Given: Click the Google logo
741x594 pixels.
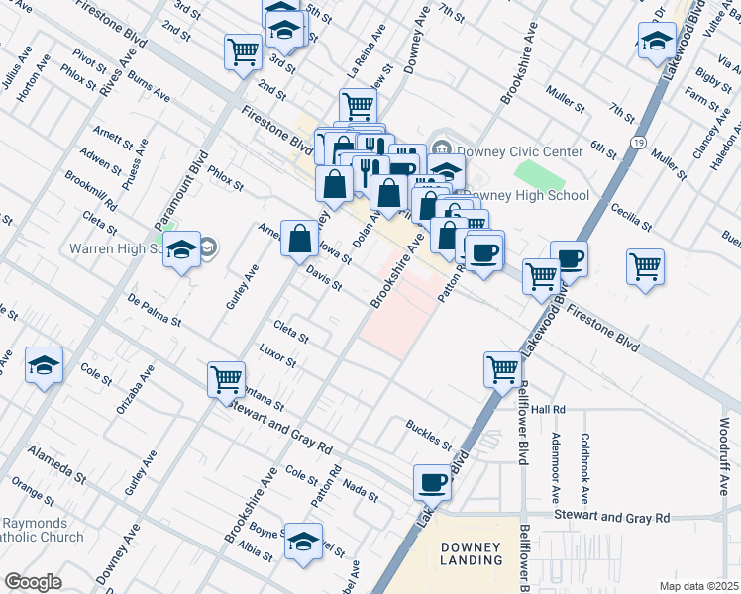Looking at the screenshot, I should (32, 582).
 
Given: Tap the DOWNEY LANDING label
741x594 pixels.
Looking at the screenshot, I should (471, 553).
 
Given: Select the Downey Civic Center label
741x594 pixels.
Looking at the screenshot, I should (504, 151).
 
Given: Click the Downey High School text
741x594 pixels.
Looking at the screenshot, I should (525, 195).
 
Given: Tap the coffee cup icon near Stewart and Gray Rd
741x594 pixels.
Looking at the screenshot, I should (432, 482).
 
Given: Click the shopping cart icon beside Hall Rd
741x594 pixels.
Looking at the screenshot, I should (503, 369).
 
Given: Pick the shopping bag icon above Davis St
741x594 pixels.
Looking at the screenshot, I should (299, 239).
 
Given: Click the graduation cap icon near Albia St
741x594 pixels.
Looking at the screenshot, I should (303, 541).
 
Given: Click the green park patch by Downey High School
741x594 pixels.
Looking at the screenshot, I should (538, 175).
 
